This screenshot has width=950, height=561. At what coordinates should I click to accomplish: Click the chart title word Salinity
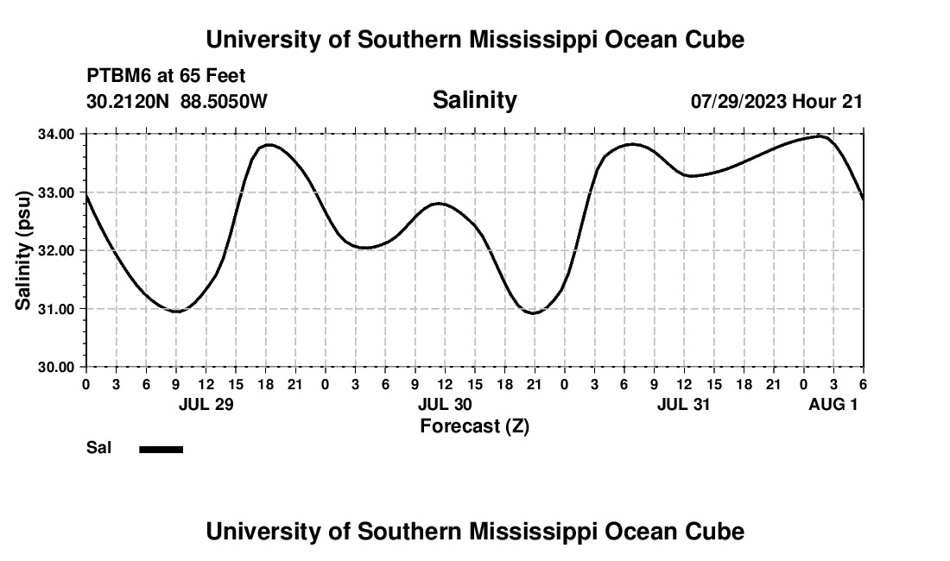(474, 100)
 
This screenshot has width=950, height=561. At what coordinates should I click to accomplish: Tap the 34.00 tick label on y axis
(56, 134)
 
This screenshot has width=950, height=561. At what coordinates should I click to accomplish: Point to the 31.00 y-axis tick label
(56, 308)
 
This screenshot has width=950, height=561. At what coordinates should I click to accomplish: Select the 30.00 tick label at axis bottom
(56, 367)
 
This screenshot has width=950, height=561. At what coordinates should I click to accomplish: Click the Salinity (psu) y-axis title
(23, 250)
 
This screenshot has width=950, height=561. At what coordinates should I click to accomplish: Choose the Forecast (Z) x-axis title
(474, 425)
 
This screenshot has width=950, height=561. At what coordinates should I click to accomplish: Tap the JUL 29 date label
(206, 404)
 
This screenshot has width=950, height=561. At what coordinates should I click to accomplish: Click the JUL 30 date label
(446, 404)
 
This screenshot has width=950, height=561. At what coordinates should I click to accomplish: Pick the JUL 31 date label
(684, 404)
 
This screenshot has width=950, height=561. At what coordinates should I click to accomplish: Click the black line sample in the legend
(161, 449)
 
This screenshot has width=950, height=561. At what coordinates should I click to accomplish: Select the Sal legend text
(98, 448)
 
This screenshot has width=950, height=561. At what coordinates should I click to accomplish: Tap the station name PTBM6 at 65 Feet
(167, 76)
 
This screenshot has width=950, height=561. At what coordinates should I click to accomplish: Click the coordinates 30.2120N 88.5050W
(177, 101)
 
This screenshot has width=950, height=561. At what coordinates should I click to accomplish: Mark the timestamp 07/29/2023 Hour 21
(776, 101)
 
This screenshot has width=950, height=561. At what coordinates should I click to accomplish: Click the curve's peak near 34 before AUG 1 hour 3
(820, 136)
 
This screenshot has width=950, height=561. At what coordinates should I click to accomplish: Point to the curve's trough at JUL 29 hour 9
(176, 311)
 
